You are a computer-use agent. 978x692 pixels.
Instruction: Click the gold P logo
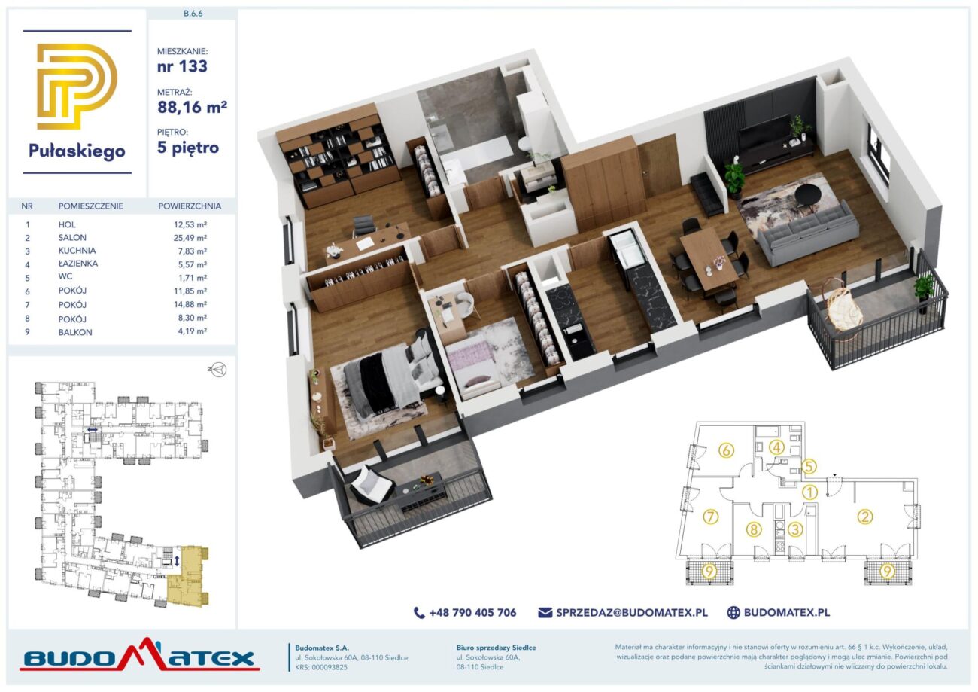(77, 86)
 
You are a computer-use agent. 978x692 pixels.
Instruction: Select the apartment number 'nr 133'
(182, 66)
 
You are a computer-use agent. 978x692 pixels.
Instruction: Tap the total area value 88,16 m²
(192, 107)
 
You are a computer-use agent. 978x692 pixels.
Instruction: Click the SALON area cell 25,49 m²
(190, 238)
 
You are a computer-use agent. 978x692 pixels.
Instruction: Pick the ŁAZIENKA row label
(78, 264)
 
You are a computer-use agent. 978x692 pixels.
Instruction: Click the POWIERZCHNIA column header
(190, 206)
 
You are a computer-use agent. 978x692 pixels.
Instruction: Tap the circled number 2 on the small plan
(864, 517)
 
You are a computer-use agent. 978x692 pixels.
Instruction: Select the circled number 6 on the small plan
(726, 450)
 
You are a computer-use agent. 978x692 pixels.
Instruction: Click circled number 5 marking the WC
(808, 467)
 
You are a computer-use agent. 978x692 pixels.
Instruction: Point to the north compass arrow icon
(217, 370)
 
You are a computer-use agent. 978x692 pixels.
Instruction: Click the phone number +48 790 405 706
(472, 613)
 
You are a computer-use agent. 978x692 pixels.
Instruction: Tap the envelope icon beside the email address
(545, 613)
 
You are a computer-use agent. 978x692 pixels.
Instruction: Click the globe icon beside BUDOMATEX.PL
(733, 613)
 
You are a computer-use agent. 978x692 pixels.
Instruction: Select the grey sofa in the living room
(808, 233)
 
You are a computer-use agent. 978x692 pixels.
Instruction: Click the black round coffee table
(808, 193)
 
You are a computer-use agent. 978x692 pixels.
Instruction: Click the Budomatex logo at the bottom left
(140, 655)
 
